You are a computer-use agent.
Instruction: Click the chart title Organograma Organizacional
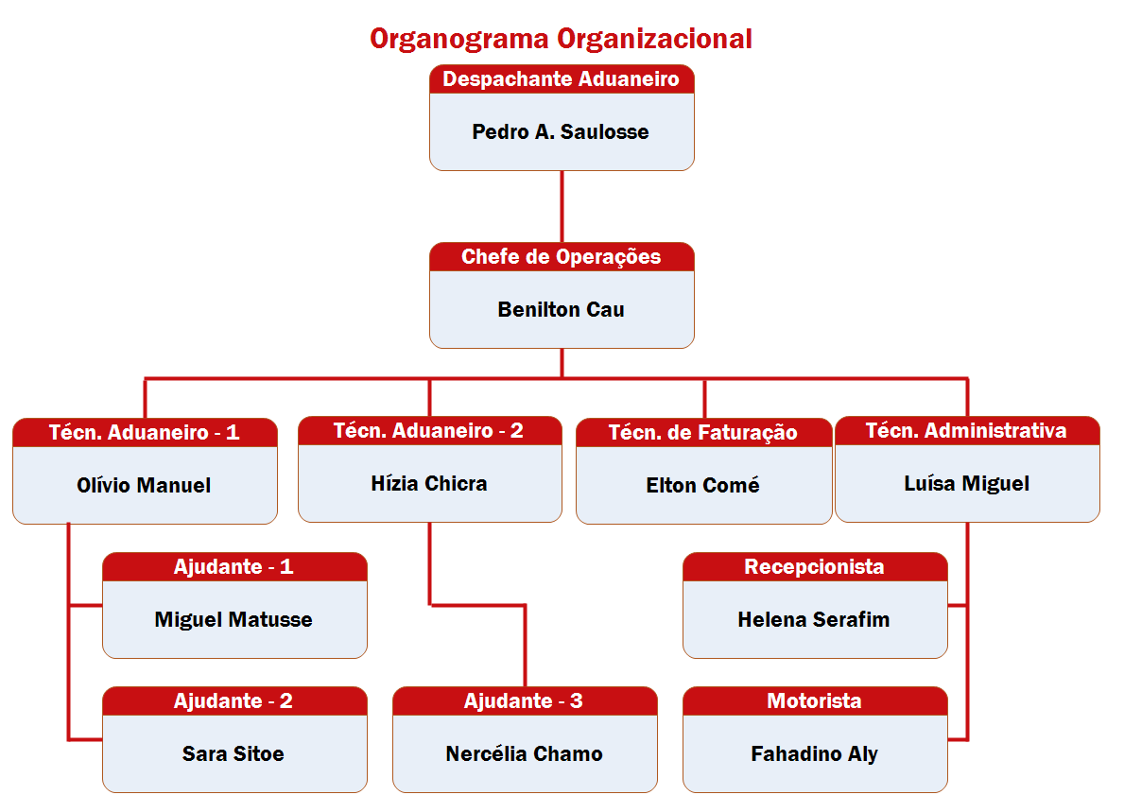(561, 39)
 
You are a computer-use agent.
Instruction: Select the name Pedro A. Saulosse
(561, 132)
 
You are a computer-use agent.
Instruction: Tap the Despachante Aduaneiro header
(561, 79)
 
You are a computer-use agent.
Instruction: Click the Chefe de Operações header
(561, 257)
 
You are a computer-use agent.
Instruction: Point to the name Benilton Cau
(561, 310)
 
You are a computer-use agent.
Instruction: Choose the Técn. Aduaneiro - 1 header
(145, 433)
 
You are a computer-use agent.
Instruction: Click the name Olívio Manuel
(144, 486)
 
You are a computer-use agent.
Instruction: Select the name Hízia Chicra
(429, 484)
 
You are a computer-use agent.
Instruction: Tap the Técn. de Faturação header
(703, 433)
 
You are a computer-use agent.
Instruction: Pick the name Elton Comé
(703, 486)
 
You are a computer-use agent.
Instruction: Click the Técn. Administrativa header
(966, 431)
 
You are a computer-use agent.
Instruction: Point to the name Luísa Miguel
(966, 484)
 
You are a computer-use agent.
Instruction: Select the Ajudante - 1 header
(233, 567)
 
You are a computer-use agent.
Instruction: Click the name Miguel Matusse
(233, 620)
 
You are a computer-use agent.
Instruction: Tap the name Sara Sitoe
(233, 754)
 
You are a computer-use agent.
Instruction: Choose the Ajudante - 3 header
(524, 701)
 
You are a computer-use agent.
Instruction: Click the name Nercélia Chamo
(524, 754)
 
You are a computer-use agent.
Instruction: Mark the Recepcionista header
(814, 567)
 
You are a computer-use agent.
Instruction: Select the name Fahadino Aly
(814, 754)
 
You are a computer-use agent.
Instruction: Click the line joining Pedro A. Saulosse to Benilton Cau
(562, 206)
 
